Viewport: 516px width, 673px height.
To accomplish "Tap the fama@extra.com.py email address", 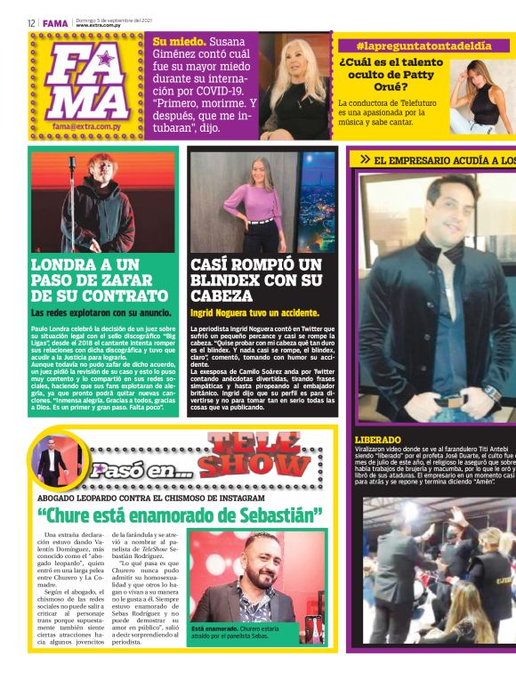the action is [86, 127].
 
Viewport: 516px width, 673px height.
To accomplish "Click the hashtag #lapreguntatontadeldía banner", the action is [423, 45].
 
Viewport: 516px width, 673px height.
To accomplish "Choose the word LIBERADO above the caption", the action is [378, 440].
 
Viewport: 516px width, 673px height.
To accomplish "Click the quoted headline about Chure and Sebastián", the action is [179, 515].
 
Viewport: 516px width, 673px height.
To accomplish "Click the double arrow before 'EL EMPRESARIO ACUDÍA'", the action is [365, 159].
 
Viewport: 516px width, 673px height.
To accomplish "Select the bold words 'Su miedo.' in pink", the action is [180, 41].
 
